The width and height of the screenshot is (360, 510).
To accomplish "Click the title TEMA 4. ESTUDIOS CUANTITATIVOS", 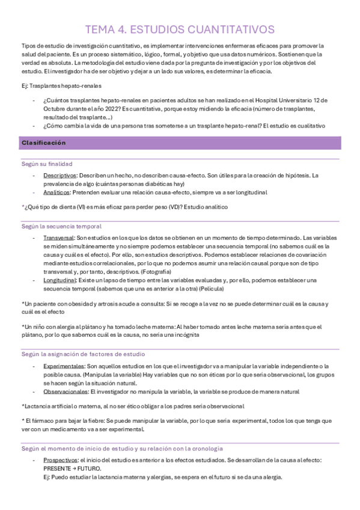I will (x=180, y=29).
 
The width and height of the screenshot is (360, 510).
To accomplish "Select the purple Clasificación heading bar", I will (x=180, y=143).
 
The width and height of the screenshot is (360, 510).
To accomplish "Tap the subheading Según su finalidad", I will (x=46, y=163).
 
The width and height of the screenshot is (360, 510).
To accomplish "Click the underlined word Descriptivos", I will (x=60, y=175).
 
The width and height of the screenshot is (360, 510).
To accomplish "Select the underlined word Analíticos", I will (x=56, y=192).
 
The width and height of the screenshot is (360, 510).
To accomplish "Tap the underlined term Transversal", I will (x=58, y=238).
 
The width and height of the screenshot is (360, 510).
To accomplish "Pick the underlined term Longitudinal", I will (x=59, y=280).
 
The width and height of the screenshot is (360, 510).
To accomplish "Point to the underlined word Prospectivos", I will (x=61, y=460).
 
